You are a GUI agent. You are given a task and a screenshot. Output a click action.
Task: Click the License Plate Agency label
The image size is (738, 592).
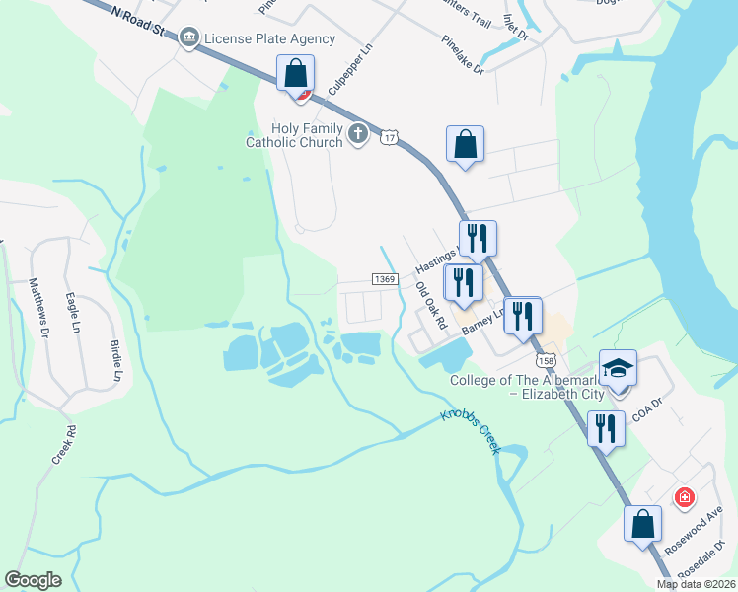269,39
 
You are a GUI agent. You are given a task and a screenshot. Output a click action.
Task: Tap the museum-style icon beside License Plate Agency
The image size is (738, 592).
187,38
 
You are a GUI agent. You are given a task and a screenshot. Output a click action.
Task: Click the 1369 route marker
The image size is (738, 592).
385,280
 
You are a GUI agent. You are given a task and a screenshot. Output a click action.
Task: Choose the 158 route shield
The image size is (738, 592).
549,358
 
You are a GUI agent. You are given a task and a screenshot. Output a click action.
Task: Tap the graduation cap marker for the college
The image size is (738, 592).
619,369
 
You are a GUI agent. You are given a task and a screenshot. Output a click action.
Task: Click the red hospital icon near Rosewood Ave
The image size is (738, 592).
684,497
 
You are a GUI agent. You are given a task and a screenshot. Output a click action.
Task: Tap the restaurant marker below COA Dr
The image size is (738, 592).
606,428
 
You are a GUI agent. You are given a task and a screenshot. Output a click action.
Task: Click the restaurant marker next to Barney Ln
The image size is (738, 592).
522,315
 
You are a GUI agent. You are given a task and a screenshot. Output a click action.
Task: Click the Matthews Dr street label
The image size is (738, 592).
38,308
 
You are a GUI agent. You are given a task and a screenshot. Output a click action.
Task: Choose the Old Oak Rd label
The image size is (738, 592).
431,305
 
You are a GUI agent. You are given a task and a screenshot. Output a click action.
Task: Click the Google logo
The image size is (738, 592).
34,580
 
